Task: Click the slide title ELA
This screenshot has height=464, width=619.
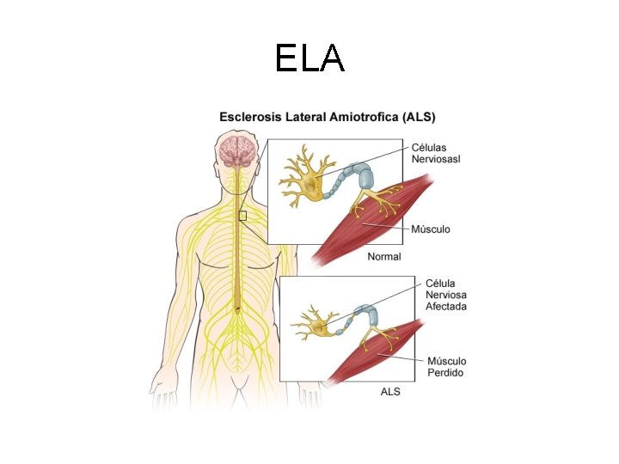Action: (309, 58)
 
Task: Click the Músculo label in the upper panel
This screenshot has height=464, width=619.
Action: (431, 229)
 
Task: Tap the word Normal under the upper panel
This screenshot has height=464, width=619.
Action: (384, 256)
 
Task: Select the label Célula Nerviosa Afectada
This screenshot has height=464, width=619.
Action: (446, 295)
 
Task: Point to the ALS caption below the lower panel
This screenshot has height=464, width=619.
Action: (390, 391)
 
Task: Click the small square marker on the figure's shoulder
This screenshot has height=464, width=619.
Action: (242, 216)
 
